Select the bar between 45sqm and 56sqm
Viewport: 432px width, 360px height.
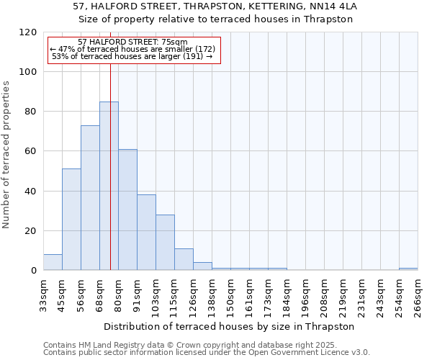71,220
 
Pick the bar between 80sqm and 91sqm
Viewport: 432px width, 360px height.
127,210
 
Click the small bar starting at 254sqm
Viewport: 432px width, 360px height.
408,269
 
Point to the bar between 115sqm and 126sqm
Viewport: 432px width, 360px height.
184,259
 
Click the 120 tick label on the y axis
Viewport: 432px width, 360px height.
28,32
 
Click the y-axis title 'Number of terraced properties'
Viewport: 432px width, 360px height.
6,155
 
